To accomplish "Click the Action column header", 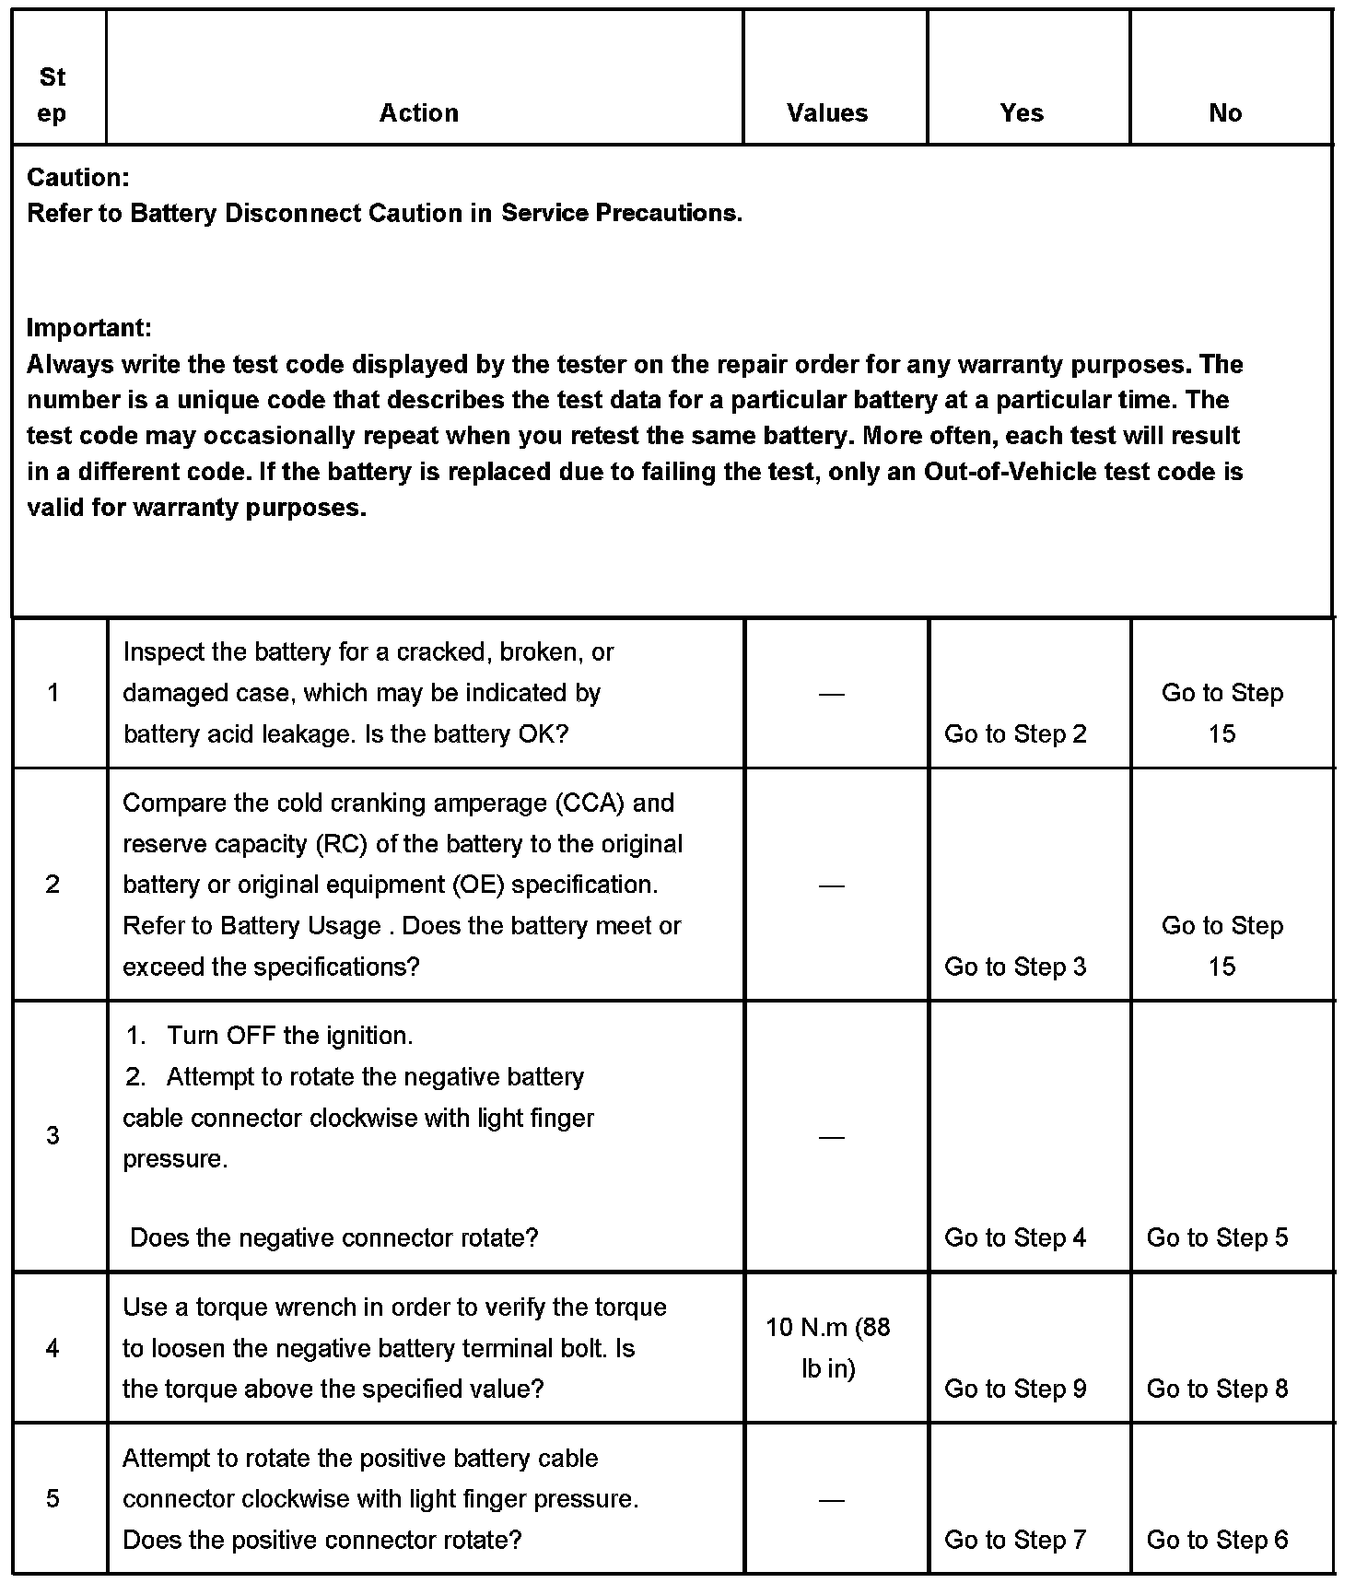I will coord(419,113).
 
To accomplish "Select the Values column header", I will coord(827,113).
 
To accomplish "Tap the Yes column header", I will coord(1022,113).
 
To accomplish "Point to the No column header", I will coord(1225,113).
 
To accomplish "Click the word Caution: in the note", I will coord(78,177).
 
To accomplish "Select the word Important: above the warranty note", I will coord(89,327).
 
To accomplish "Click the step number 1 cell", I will coord(53,693).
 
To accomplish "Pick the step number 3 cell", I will coord(53,1135).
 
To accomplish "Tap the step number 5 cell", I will coord(53,1498).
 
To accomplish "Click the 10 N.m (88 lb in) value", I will coord(828,1348).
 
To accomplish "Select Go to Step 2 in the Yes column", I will coord(1015,734).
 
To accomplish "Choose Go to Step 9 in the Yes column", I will coord(1015,1389).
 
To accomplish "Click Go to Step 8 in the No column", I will coord(1217,1389).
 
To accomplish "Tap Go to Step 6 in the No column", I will coord(1217,1540).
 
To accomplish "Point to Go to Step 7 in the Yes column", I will coord(1015,1540).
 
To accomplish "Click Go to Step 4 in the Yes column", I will coord(1015,1237).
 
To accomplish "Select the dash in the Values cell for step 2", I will coord(831,885).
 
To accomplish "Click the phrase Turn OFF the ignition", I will coord(289,1036).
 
